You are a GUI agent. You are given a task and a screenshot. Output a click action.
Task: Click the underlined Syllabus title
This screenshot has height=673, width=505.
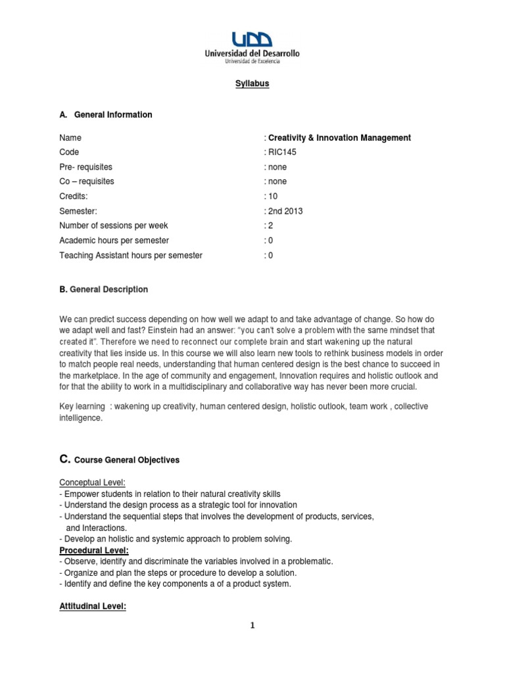pyautogui.click(x=252, y=83)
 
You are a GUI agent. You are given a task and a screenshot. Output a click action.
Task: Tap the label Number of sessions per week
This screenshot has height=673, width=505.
pyautogui.click(x=113, y=226)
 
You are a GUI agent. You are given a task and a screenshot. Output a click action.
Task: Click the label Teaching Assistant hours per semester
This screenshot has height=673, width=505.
pyautogui.click(x=131, y=256)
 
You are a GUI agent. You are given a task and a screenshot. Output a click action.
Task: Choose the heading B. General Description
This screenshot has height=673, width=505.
pyautogui.click(x=103, y=289)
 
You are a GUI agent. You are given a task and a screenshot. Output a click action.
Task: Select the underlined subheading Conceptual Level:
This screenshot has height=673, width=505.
pyautogui.click(x=96, y=483)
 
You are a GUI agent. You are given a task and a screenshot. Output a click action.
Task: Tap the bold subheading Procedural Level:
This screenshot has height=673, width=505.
pyautogui.click(x=94, y=550)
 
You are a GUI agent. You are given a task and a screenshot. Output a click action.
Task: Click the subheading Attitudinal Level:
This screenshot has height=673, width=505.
pyautogui.click(x=93, y=607)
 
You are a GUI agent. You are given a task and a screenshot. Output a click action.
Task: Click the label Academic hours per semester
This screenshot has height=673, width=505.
pyautogui.click(x=114, y=241)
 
